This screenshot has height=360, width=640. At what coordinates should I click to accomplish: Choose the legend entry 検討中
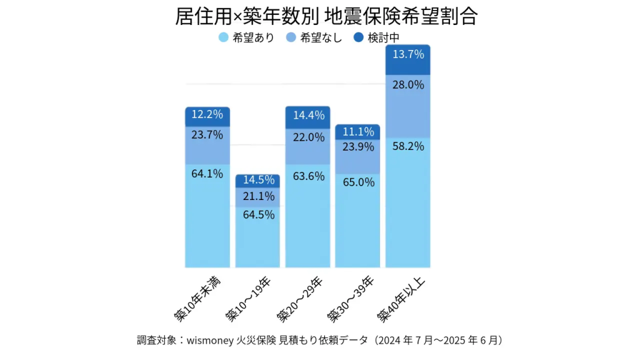pyautogui.click(x=377, y=37)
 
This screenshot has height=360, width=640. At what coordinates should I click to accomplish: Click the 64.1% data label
pyautogui.click(x=207, y=174)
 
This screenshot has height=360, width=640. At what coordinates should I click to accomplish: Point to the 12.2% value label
pyautogui.click(x=207, y=114)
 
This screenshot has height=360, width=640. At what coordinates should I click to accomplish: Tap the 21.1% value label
pyautogui.click(x=257, y=196)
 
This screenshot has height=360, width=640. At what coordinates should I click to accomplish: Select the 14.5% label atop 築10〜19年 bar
pyautogui.click(x=257, y=180)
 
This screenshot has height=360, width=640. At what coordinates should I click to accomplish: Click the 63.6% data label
pyautogui.click(x=308, y=176)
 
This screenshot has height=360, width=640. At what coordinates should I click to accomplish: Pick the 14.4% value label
pyautogui.click(x=308, y=115)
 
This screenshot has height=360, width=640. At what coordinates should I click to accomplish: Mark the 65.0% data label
pyautogui.click(x=358, y=182)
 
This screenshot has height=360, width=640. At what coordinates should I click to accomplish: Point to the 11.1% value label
pyautogui.click(x=358, y=131)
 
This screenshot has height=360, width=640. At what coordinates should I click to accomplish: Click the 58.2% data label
pyautogui.click(x=408, y=146)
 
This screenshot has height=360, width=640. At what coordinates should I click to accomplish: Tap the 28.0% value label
pyautogui.click(x=408, y=84)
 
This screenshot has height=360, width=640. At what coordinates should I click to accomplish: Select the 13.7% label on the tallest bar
pyautogui.click(x=408, y=54)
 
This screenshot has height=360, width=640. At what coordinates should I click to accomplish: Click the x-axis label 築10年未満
pyautogui.click(x=199, y=297)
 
